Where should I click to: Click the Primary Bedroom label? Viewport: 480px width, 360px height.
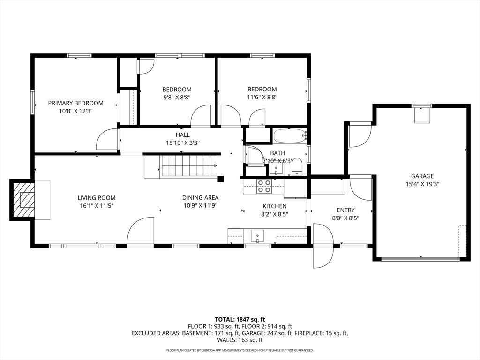[75, 103]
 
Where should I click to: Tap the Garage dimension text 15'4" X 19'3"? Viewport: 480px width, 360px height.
[422, 184]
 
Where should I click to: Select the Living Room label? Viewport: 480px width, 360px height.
[97, 198]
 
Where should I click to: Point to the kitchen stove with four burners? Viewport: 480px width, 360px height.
[264, 186]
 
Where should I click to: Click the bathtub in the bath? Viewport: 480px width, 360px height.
[290, 136]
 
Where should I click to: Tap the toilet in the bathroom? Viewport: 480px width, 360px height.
[297, 167]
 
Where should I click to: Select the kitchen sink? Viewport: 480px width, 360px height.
[257, 236]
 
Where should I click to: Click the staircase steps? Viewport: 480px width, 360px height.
[189, 165]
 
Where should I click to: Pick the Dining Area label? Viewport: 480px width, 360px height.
[201, 198]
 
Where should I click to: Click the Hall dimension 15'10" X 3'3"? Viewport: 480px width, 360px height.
[183, 142]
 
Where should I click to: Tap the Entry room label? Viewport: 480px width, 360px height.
[345, 210]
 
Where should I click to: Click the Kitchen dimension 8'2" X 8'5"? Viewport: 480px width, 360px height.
[275, 214]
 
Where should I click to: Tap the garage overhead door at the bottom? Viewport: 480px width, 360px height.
[420, 259]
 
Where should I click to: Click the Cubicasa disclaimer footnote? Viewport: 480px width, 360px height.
[240, 350]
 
